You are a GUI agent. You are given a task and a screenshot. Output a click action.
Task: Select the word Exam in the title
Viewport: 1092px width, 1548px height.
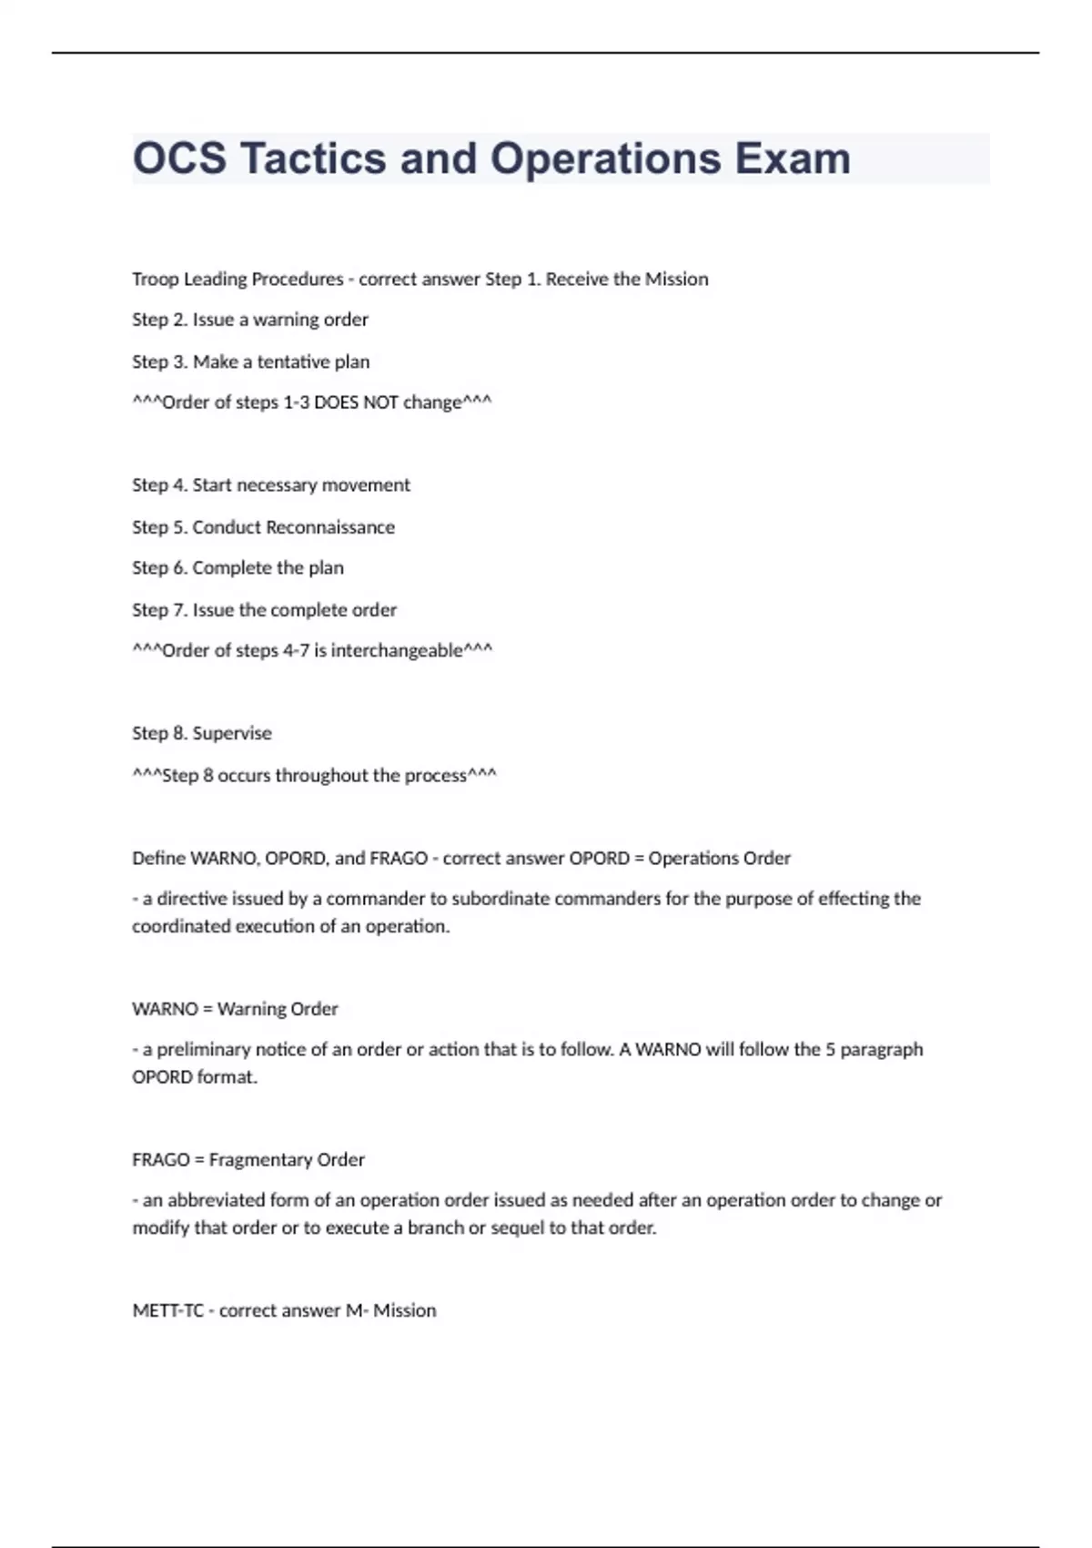click(793, 158)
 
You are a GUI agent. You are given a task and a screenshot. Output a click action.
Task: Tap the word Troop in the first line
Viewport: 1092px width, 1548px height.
click(156, 279)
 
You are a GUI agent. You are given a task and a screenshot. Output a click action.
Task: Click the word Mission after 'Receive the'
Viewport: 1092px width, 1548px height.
click(676, 279)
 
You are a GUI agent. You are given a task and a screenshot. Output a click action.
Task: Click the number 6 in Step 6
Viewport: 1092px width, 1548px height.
click(179, 568)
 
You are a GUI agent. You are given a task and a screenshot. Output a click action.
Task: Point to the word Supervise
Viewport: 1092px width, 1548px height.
click(232, 733)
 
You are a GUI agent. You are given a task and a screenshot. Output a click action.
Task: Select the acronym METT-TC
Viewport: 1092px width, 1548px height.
click(168, 1310)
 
